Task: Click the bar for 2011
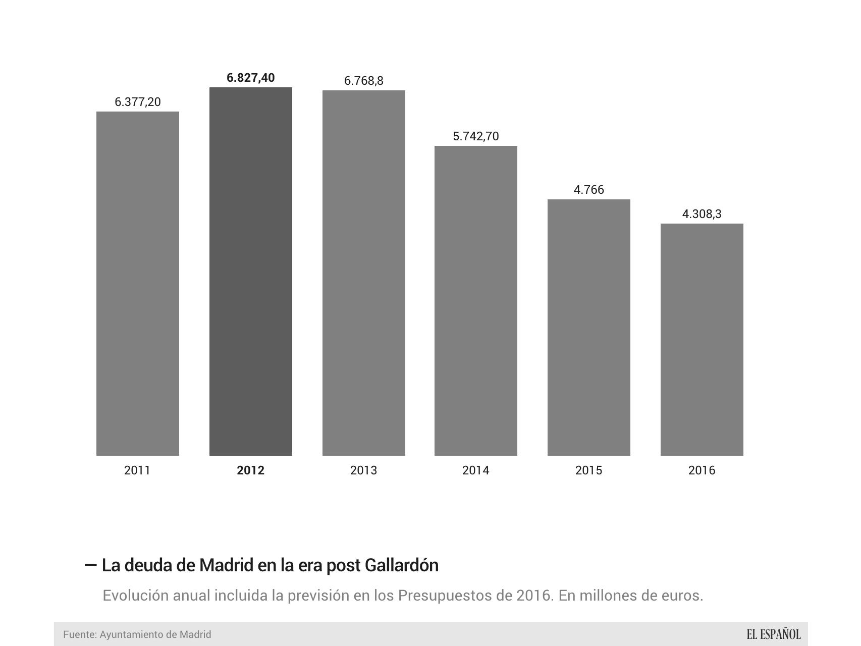137,283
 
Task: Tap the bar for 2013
363,273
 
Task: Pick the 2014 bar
475,300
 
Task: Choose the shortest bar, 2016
702,339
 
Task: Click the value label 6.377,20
137,102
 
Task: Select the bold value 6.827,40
250,78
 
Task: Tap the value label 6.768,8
363,81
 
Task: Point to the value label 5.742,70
475,136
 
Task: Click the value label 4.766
588,190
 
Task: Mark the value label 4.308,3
702,214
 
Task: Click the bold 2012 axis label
250,470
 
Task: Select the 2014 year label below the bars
475,470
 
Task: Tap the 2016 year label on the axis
702,470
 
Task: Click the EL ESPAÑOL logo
773,634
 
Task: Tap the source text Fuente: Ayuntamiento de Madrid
137,634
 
